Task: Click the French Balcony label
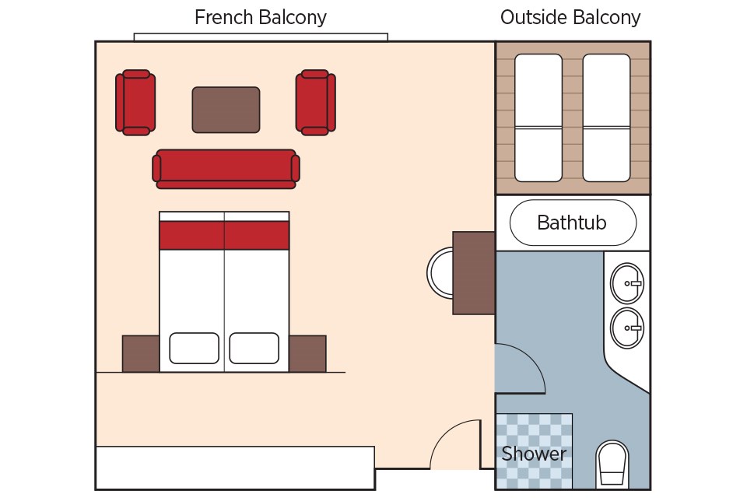pos(260,17)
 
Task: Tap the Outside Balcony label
pos(570,17)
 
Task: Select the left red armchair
pos(135,103)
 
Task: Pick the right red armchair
pos(315,103)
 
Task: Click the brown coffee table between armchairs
pos(226,110)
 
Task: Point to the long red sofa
pos(226,168)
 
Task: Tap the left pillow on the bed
pos(194,348)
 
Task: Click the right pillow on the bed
pos(254,348)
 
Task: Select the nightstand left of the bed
pos(141,353)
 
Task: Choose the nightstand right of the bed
pos(307,353)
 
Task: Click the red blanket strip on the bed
pos(224,235)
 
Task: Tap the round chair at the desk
pos(440,272)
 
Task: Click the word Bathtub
pos(572,223)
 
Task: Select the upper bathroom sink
pos(626,283)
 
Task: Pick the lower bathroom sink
pos(626,328)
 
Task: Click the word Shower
pos(534,454)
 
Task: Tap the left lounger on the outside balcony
pos(538,117)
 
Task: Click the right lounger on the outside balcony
pos(606,117)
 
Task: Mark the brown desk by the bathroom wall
pos(474,272)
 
